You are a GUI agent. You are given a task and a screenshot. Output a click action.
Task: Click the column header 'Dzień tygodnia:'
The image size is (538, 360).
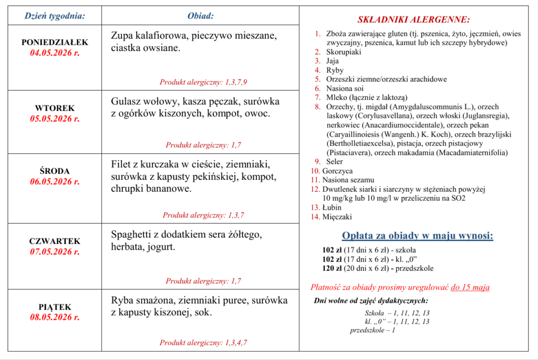[x=55, y=16]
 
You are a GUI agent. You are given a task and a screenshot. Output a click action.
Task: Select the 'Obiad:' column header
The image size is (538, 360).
[x=200, y=16]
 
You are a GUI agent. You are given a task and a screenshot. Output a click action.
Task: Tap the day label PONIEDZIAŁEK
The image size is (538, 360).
[x=55, y=42]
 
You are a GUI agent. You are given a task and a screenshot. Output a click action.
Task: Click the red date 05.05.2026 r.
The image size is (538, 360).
[x=55, y=119]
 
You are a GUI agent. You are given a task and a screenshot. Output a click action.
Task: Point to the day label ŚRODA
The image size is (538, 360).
[x=55, y=171]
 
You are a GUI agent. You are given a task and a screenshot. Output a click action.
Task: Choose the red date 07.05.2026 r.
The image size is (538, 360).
[x=55, y=252]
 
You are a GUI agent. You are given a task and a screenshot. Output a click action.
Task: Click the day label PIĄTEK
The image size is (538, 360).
[x=55, y=306]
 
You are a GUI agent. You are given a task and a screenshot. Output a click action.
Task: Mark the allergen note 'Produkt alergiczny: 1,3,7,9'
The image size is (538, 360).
[x=203, y=81]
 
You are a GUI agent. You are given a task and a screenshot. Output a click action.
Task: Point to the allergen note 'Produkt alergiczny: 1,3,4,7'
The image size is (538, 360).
[x=203, y=343]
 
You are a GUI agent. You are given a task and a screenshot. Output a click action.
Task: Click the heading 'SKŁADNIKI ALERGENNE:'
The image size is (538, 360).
[x=413, y=20]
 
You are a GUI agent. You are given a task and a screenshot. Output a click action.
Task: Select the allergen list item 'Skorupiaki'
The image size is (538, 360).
[x=344, y=52]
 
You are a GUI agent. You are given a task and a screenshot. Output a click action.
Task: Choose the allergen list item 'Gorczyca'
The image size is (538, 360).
[x=337, y=171]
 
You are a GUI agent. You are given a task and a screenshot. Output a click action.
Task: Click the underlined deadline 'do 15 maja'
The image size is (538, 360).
[x=470, y=287]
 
